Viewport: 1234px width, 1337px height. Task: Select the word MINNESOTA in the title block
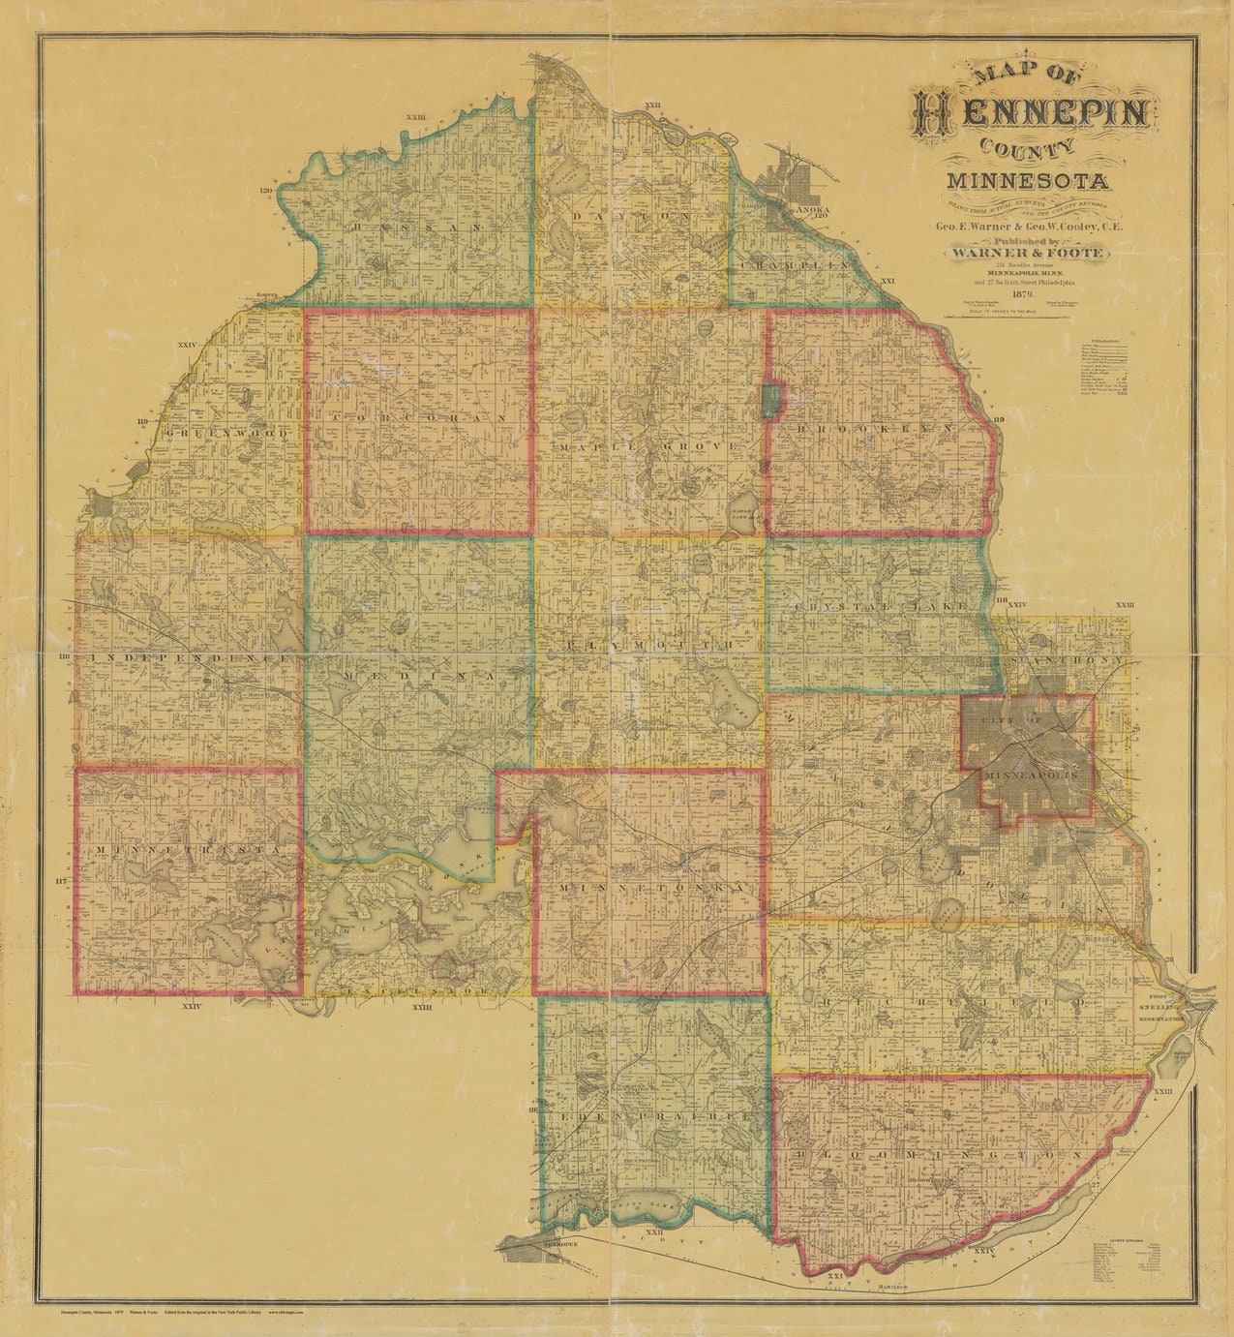tap(1029, 180)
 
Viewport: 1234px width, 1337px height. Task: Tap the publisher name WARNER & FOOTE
tap(1030, 253)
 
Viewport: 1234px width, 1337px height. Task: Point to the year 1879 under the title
tap(1023, 293)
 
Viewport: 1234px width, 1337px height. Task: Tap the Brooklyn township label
tap(877, 428)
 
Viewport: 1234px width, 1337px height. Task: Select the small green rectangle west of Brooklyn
tap(770, 401)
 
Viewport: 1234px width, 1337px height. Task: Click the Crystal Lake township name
tap(880, 605)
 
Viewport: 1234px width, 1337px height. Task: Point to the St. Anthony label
tap(1066, 660)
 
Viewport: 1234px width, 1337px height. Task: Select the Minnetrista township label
tap(188, 848)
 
